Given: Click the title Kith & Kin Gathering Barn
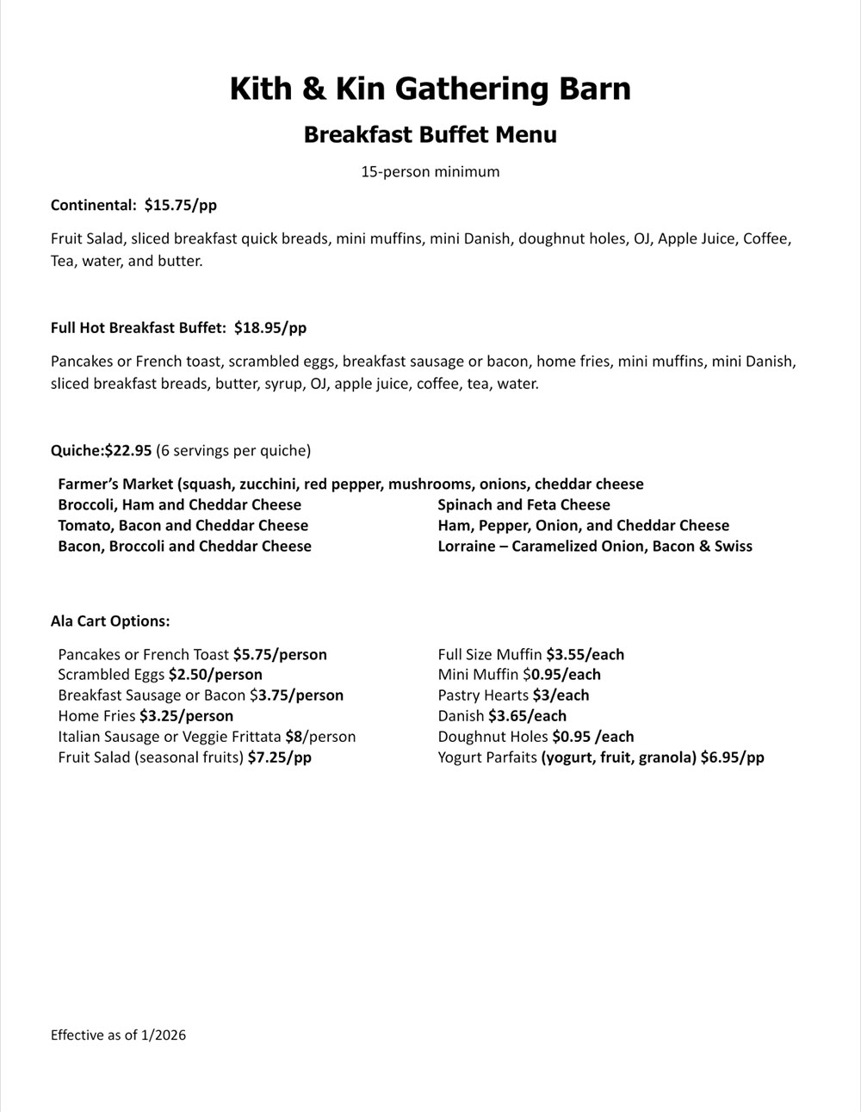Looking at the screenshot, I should pos(430,89).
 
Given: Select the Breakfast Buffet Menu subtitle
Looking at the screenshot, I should pos(430,135).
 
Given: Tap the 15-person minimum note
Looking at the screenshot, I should pos(430,172).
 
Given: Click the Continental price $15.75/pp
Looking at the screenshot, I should pos(181,206).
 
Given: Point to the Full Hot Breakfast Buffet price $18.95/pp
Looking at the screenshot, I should pos(269,328).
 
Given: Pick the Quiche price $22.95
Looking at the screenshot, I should pos(128,450).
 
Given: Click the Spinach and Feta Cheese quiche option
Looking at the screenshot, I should pos(523,505).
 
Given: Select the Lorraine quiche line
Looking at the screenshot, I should pos(594,547).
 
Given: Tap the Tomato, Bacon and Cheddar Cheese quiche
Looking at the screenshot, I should pos(183,526).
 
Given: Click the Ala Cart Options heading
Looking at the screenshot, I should pos(110,621).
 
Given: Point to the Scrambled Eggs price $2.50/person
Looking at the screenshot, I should pos(215,675).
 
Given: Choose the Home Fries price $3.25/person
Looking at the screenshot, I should pos(186,716).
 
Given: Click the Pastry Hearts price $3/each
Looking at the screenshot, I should pos(561,695).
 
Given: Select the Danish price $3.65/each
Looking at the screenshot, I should pos(527,716).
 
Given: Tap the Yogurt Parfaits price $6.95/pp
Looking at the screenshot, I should pos(732,757).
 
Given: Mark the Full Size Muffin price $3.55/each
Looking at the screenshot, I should pos(585,655).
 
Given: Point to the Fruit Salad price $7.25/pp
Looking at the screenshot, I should pos(279,757).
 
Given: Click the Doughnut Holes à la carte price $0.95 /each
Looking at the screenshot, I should pos(592,737).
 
